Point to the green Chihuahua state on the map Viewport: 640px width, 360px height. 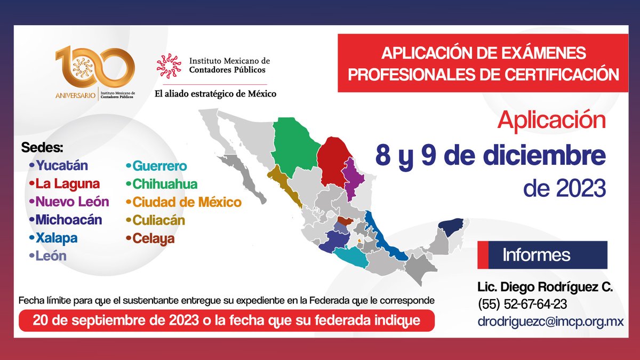click(x=294, y=147)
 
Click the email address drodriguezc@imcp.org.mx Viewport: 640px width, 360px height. click(x=551, y=322)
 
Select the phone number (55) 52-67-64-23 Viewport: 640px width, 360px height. click(x=522, y=304)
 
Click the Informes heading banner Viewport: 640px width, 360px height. click(x=542, y=255)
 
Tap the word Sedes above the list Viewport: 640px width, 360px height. click(x=42, y=147)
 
